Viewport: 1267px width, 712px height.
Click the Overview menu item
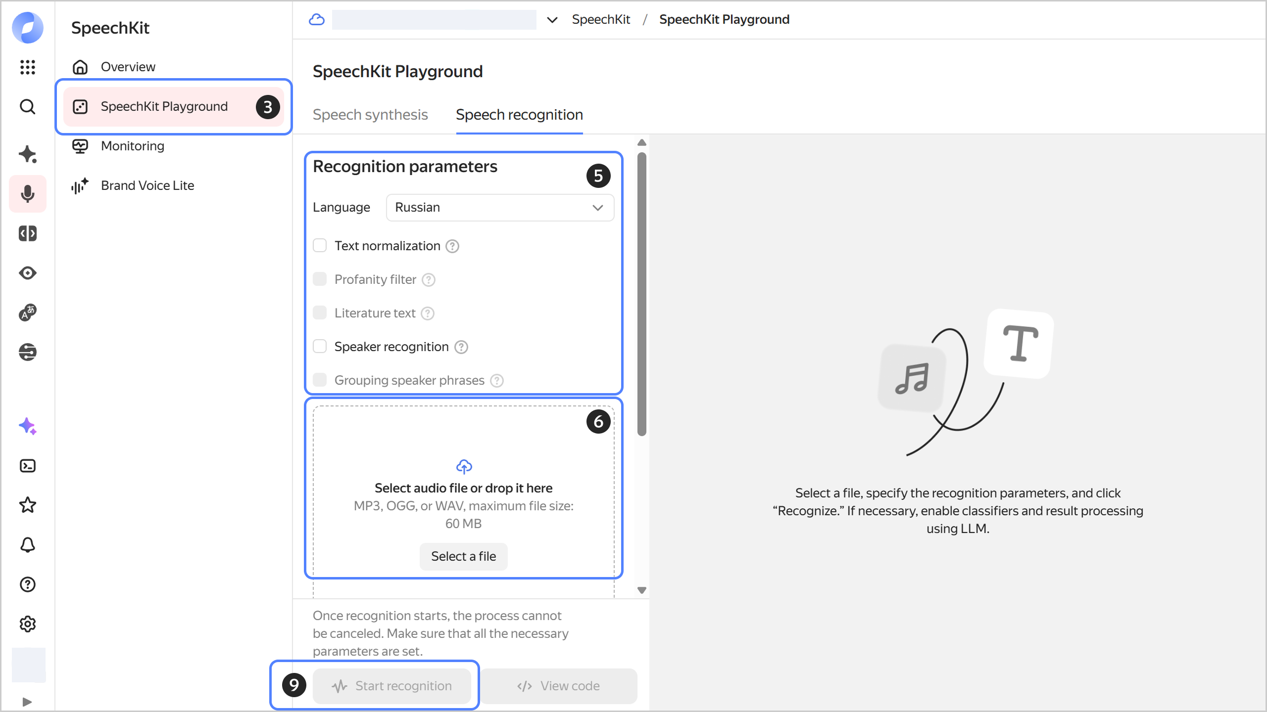tap(128, 67)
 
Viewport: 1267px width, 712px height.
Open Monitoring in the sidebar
tap(132, 146)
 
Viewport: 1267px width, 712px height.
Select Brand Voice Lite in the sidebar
tap(147, 185)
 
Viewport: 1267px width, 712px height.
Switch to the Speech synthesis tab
tap(370, 115)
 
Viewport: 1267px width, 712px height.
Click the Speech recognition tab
tap(519, 115)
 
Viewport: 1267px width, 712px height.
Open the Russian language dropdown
tap(500, 207)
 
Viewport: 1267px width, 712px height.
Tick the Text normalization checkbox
tap(320, 246)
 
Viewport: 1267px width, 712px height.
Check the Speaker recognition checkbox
tap(320, 347)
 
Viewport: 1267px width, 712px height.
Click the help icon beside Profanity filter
tap(429, 280)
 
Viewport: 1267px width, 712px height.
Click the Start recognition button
tap(392, 686)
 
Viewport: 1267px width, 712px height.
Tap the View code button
tap(559, 686)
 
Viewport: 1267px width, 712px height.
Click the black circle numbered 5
tap(598, 176)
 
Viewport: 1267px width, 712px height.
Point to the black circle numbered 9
tap(294, 685)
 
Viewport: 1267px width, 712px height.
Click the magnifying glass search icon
tap(28, 106)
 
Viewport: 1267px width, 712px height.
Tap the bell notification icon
tap(28, 545)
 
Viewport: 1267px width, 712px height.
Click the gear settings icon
tap(28, 624)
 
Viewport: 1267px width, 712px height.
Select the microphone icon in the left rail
tap(28, 194)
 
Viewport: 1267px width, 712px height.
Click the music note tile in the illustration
tap(912, 378)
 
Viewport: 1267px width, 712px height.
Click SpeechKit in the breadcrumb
tap(601, 19)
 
